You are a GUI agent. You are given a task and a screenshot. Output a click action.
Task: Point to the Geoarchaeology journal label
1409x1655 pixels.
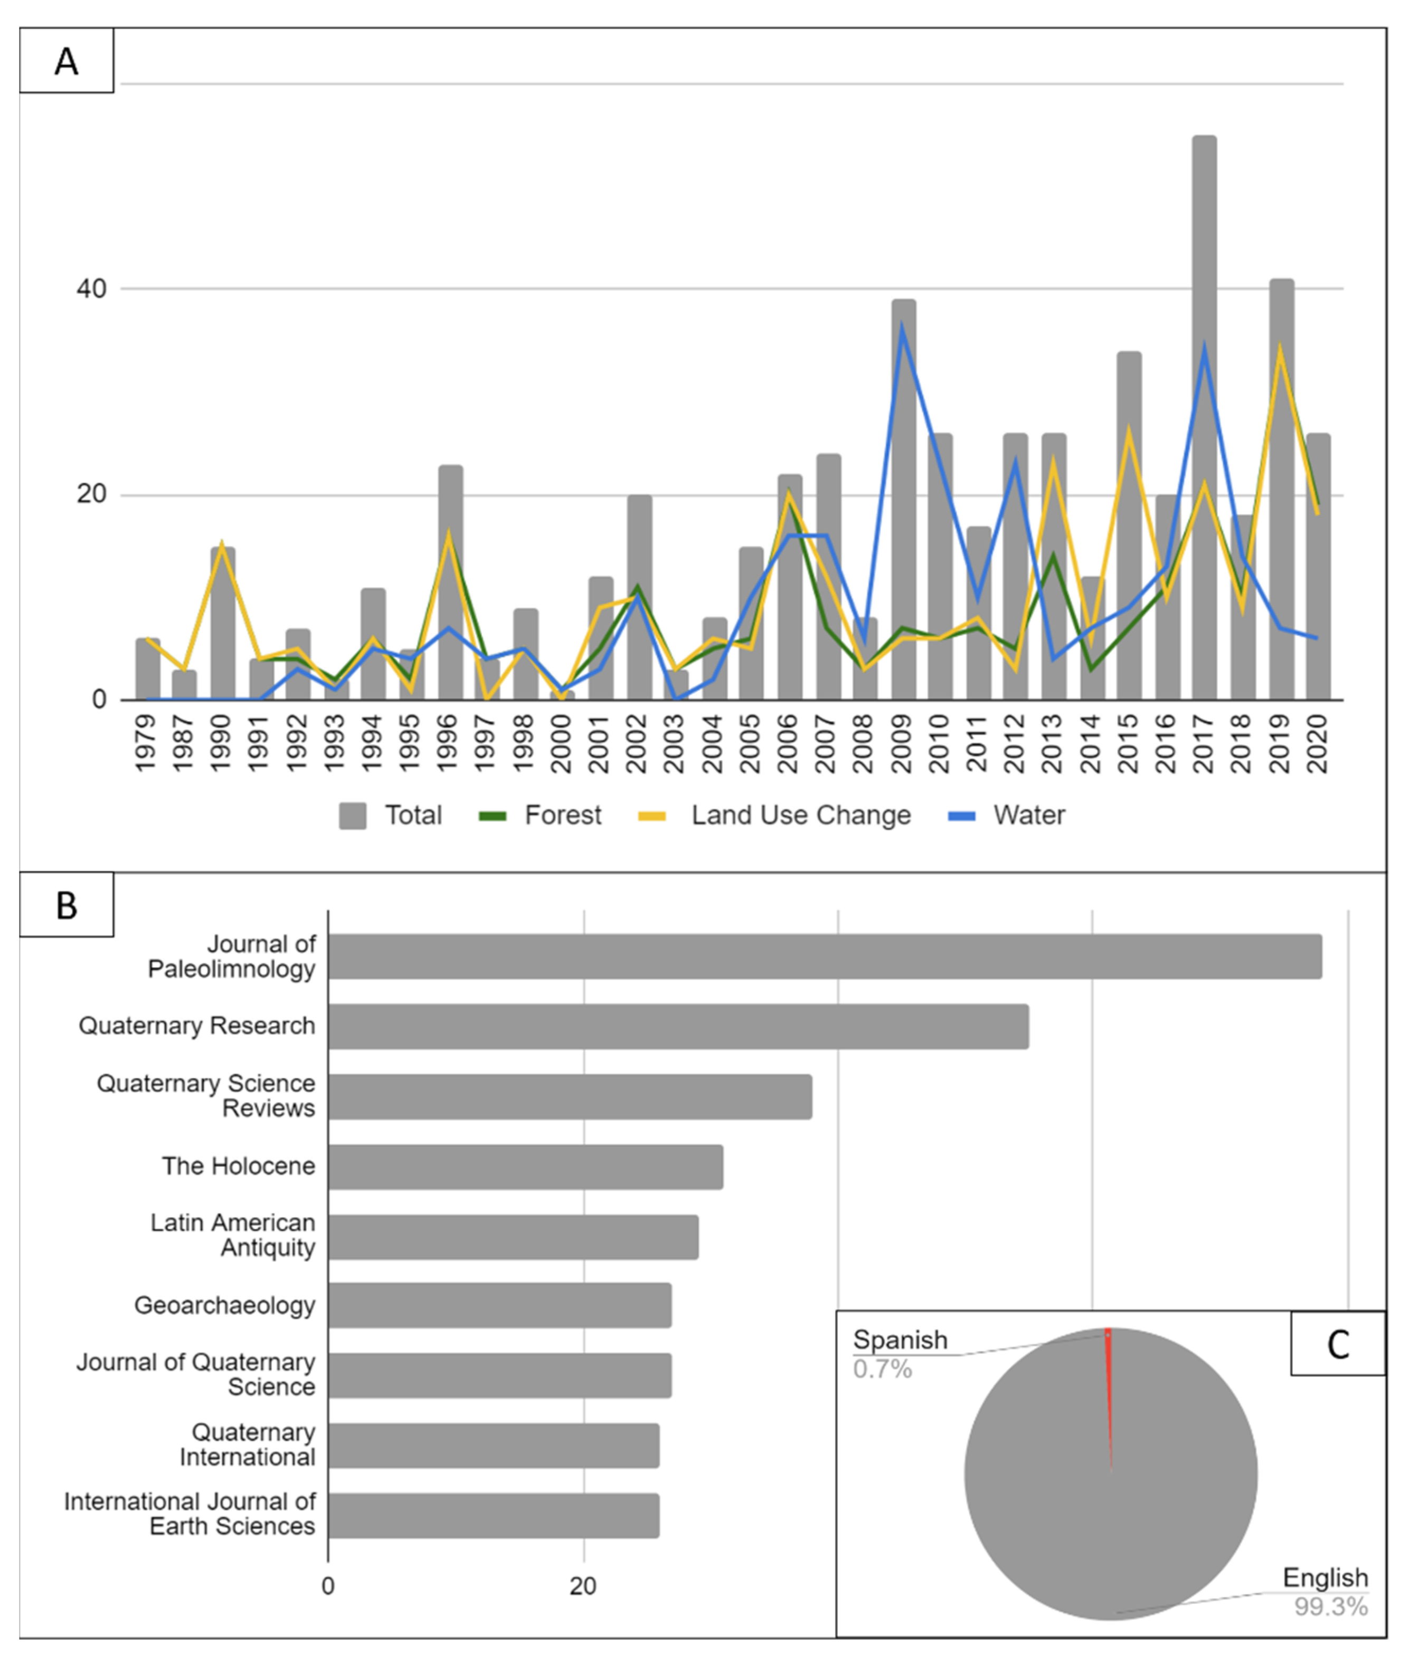tap(224, 1305)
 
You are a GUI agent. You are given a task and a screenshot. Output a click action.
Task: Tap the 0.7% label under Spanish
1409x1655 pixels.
tap(882, 1369)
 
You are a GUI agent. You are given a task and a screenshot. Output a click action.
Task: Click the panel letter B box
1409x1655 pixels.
tap(67, 905)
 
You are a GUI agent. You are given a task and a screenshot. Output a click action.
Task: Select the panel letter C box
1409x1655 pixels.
tap(1338, 1344)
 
